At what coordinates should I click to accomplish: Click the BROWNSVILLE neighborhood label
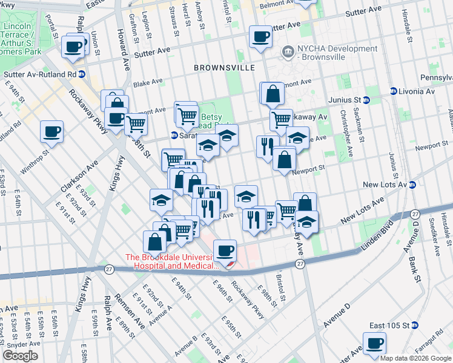pos(224,68)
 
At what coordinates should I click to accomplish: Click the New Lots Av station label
pos(382,185)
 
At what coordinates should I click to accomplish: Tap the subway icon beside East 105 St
pos(415,325)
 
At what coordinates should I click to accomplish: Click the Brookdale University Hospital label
pos(172,261)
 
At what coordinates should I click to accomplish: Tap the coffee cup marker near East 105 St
pos(375,343)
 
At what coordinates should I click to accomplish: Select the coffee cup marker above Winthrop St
pos(51,132)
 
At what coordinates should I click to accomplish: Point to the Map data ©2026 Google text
pos(415,358)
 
